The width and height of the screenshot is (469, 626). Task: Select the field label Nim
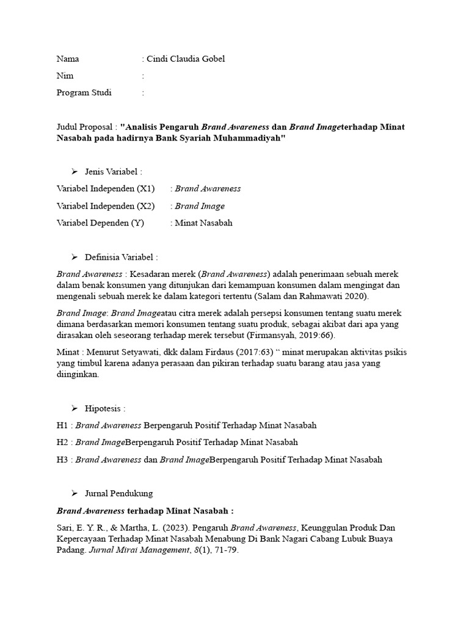pos(65,76)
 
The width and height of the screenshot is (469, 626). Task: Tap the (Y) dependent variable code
pos(136,223)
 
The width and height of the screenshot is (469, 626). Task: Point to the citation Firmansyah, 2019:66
pos(291,336)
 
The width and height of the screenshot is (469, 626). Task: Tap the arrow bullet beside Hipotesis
pos(75,408)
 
